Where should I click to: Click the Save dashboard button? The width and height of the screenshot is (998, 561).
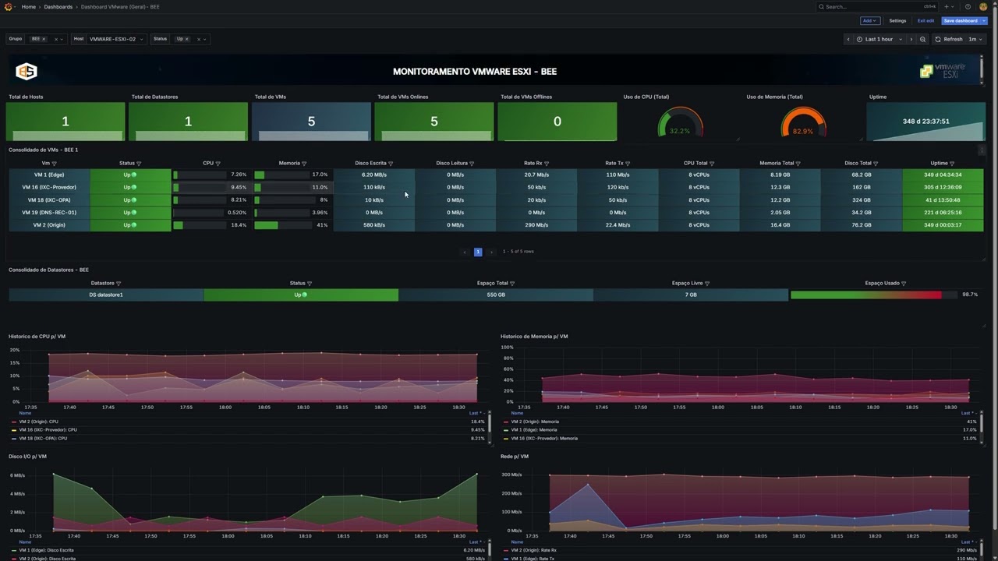pyautogui.click(x=961, y=21)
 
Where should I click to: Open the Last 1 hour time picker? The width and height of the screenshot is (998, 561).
pyautogui.click(x=879, y=39)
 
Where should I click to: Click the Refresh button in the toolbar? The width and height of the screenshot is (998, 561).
pyautogui.click(x=949, y=39)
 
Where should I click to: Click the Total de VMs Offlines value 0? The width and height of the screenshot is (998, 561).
pyautogui.click(x=557, y=122)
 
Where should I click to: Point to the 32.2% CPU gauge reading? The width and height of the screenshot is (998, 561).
pyautogui.click(x=680, y=131)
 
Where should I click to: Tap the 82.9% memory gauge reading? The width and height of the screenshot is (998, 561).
pyautogui.click(x=803, y=131)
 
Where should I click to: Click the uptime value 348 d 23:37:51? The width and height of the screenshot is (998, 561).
pyautogui.click(x=925, y=122)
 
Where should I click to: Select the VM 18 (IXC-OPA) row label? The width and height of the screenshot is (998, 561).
pyautogui.click(x=49, y=200)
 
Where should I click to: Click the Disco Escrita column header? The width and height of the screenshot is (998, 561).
pyautogui.click(x=371, y=164)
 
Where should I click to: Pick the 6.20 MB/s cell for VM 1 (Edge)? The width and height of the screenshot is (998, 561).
pyautogui.click(x=373, y=175)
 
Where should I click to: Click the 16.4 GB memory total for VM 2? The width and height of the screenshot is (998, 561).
pyautogui.click(x=780, y=225)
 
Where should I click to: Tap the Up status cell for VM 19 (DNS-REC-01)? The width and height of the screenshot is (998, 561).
pyautogui.click(x=129, y=213)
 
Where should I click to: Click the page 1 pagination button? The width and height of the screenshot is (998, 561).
pyautogui.click(x=478, y=252)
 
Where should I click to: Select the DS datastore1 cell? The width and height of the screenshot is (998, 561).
pyautogui.click(x=106, y=295)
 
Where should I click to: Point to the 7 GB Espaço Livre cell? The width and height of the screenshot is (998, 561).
pyautogui.click(x=691, y=295)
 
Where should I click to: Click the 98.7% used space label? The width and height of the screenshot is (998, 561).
pyautogui.click(x=970, y=295)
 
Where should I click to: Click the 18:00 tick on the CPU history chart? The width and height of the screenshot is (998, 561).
pyautogui.click(x=225, y=407)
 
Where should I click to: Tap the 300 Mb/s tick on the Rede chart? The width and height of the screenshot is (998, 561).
pyautogui.click(x=511, y=475)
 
